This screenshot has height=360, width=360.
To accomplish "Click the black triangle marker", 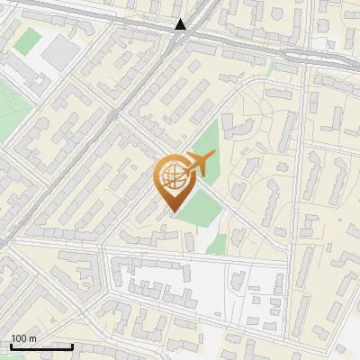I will coord(181,24).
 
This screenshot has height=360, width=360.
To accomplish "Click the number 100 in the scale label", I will coord(18,338).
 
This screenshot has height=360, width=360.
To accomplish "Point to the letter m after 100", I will coord(32,338).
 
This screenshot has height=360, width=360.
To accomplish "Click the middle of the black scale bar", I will coord(41,346).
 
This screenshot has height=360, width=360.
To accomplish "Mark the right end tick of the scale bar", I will coord(72,345).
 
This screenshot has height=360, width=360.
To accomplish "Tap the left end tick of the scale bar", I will coord(11,345).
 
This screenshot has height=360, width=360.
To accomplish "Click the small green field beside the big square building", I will coord(31,40).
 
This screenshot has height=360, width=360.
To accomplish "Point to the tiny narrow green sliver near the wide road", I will coord(271,67).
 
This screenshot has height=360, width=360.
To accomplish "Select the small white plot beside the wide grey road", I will coord(320,43).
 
